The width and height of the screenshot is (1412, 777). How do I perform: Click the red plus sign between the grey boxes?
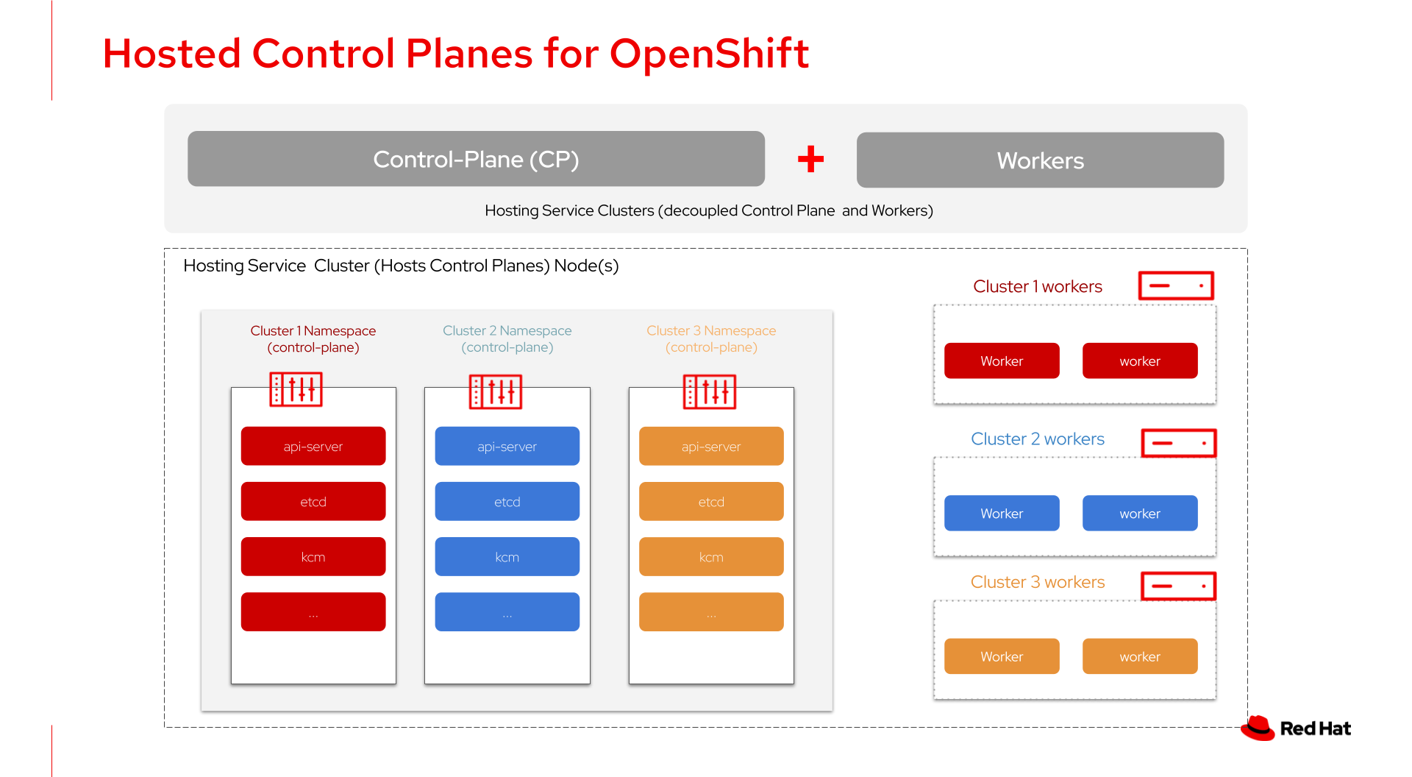point(810,159)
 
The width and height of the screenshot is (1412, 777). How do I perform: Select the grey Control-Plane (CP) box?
point(476,159)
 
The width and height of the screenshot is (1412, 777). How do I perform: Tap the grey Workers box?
point(1040,160)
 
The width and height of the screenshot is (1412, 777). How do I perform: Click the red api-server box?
point(313,446)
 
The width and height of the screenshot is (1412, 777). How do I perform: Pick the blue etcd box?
point(507,501)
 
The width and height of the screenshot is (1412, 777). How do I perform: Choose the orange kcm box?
point(711,556)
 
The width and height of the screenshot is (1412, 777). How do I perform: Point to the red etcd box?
point(313,501)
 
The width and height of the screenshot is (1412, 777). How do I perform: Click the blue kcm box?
point(507,556)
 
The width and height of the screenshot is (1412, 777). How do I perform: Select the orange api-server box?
point(711,446)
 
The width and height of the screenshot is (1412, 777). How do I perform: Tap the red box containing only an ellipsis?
point(313,611)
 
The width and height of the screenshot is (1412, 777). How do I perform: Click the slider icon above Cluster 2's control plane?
point(496,391)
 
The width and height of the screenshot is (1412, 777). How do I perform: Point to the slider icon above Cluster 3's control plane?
point(710,391)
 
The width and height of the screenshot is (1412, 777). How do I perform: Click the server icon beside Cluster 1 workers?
point(1176,285)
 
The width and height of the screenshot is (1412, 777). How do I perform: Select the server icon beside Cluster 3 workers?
point(1178,586)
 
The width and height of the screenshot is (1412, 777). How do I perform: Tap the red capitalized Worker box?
point(1002,361)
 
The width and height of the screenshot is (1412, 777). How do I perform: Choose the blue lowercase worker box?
point(1140,513)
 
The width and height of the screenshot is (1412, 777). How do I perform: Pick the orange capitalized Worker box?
point(1002,656)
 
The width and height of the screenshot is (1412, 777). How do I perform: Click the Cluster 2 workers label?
point(1038,439)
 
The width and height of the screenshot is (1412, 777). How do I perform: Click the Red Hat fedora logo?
point(1258,728)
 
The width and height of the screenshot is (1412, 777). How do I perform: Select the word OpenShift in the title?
point(709,54)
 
